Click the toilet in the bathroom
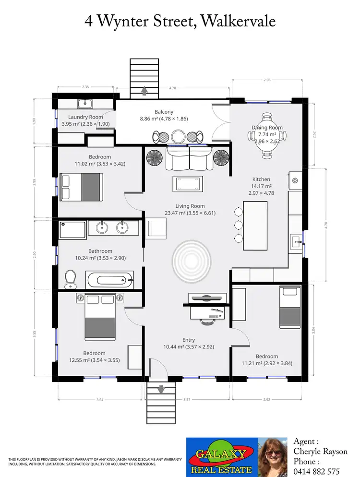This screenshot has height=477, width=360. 71,279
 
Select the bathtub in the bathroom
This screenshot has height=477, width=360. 109,279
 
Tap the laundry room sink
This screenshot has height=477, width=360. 85,103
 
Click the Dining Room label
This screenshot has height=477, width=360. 267,128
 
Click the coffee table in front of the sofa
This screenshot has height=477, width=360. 188,184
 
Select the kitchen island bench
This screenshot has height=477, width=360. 255,226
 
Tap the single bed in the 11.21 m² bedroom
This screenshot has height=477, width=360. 290,307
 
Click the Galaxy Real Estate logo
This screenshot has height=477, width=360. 221,456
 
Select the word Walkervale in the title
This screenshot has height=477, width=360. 238,21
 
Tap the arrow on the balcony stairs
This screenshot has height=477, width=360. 144,90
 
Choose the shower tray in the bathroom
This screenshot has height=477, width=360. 73,229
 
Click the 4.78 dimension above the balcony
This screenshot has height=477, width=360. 172,88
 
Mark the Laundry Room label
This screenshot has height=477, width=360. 85,117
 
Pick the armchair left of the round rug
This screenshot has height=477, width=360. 155,228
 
